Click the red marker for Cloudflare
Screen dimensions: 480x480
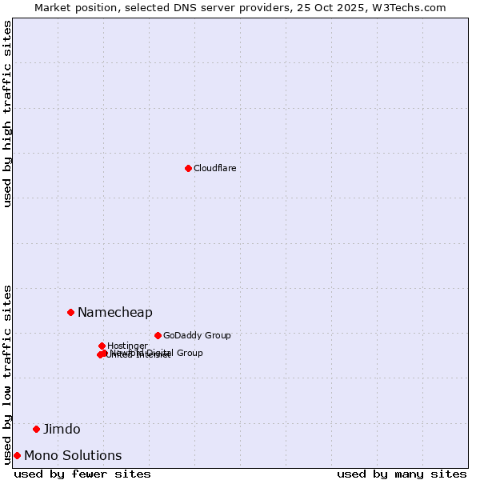188,168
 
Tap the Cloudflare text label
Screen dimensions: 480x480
214,168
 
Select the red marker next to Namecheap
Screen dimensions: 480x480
70,312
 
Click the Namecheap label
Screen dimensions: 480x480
114,312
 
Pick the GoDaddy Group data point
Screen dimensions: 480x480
158,335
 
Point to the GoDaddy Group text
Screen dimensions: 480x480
197,335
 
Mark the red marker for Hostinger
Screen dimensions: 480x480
102,346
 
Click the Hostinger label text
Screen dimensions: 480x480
127,346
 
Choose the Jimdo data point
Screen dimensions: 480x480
36,429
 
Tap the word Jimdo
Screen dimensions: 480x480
62,429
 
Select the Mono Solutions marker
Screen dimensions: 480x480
17,455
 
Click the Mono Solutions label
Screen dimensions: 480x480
73,455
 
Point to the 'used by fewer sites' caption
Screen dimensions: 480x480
82,474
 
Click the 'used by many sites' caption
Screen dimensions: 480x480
402,474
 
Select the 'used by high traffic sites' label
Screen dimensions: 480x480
7,114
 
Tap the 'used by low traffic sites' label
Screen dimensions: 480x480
7,374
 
